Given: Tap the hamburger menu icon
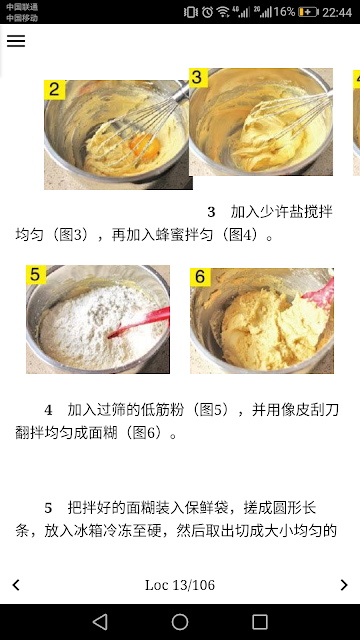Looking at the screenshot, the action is pyautogui.click(x=16, y=41).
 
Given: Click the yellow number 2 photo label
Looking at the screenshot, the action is pyautogui.click(x=55, y=89).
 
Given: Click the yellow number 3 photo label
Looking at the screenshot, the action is pyautogui.click(x=198, y=78).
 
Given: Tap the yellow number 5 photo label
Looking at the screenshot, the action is pyautogui.click(x=36, y=274).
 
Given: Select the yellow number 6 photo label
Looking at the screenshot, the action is pyautogui.click(x=200, y=277).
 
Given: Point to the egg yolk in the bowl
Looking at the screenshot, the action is pyautogui.click(x=145, y=146).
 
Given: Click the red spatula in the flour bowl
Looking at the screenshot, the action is pyautogui.click(x=140, y=322).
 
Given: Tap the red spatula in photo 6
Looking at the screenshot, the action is pyautogui.click(x=320, y=294).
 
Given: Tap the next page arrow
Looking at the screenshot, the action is pyautogui.click(x=344, y=585).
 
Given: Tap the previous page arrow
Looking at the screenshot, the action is pyautogui.click(x=16, y=585).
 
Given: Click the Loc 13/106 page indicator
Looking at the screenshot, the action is pyautogui.click(x=180, y=585).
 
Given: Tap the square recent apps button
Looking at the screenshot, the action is pyautogui.click(x=260, y=622).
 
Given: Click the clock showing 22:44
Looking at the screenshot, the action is pyautogui.click(x=337, y=12).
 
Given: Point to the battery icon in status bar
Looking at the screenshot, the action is pyautogui.click(x=308, y=12).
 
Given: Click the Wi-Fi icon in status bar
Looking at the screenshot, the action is pyautogui.click(x=223, y=12).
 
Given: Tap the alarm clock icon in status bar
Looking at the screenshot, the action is pyautogui.click(x=207, y=12).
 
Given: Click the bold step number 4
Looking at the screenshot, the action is pyautogui.click(x=48, y=410).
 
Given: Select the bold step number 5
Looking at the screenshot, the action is pyautogui.click(x=48, y=509).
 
